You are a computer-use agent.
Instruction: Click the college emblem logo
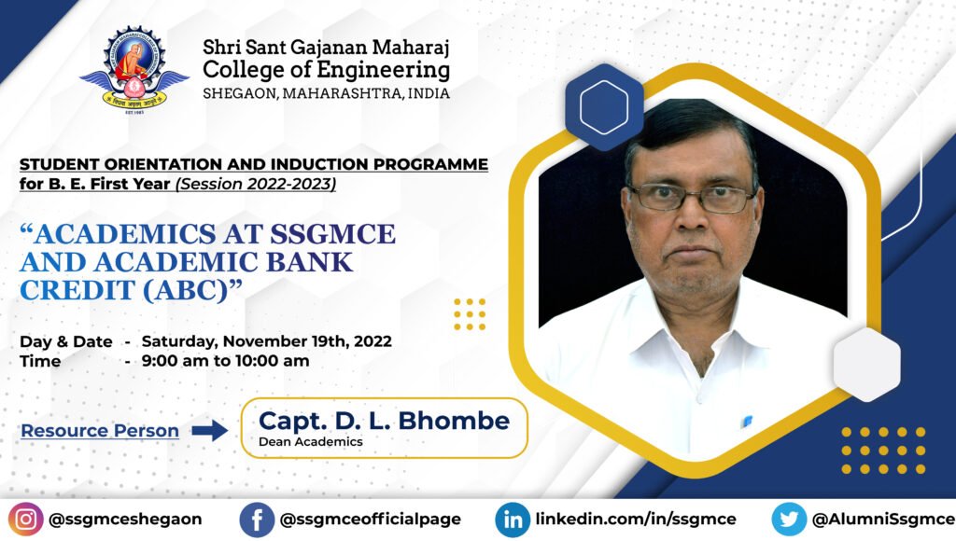coord(134,69)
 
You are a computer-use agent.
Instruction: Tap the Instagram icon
coord(25,520)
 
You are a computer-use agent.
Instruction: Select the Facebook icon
coord(257,520)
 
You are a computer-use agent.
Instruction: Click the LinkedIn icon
coord(513,520)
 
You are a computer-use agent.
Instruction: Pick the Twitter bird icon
coord(789,520)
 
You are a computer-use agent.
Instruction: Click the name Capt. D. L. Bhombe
coord(384,421)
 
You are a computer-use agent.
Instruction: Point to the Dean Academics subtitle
coord(311,442)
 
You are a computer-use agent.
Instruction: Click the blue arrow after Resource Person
coord(210,431)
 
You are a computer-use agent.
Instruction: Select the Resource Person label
coord(100,431)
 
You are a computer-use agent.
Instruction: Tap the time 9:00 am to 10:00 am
coord(226,361)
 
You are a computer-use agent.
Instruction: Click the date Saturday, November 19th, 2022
coord(266,341)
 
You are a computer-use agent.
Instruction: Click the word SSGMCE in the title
coord(333,234)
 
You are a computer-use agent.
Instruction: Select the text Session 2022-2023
coord(256,184)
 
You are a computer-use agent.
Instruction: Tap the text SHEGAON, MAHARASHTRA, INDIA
coord(326,94)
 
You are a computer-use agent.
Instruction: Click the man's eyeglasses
coord(693,199)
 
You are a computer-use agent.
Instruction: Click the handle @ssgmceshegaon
coord(125,520)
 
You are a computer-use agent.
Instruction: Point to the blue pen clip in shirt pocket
coord(747,421)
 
